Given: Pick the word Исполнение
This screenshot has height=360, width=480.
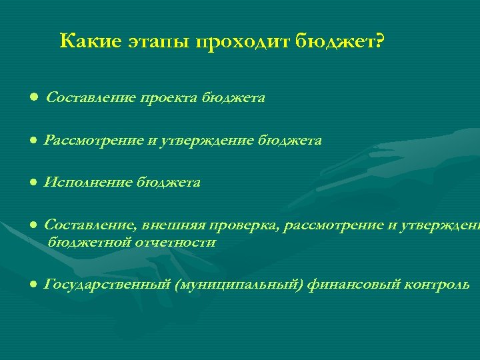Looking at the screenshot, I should pos(88,182).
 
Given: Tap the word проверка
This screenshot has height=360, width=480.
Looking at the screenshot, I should pos(246,225).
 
